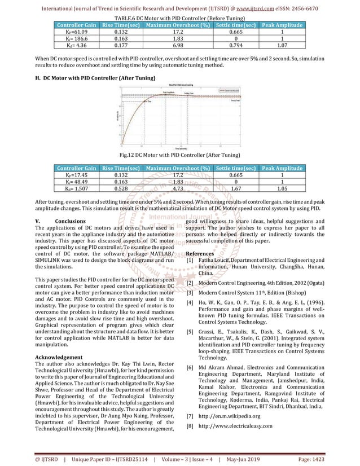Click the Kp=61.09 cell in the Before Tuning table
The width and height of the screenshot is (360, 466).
tap(71, 32)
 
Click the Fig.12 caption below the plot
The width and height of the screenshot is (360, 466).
tap(180, 155)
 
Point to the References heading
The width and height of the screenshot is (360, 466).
tap(200, 253)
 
